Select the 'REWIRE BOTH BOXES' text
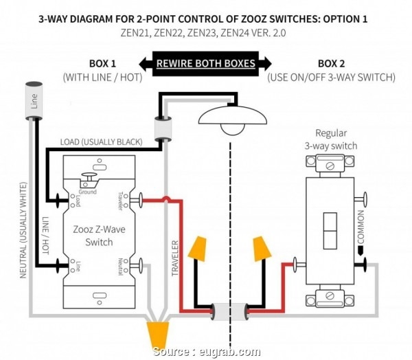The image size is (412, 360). point(205,64)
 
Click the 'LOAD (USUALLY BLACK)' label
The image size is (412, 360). point(102,142)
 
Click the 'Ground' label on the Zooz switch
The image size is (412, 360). point(87,193)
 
